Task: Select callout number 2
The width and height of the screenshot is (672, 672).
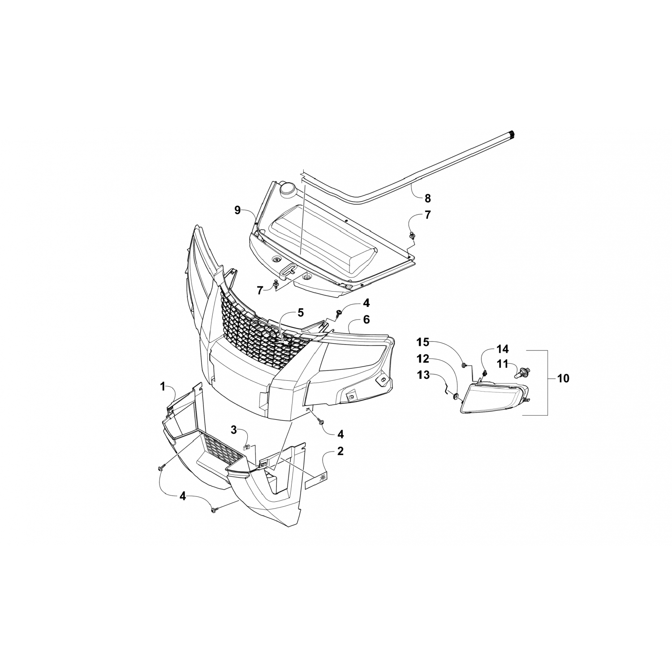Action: (340, 451)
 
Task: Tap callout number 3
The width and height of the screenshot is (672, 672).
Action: (233, 430)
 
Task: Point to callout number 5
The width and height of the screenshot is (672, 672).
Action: (300, 312)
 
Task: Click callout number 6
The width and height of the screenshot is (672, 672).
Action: (366, 319)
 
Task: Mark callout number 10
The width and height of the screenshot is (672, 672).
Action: (563, 378)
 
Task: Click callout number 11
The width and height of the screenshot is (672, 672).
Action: (502, 364)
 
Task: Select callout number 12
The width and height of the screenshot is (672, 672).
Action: (423, 359)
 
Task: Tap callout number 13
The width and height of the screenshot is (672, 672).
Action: (423, 375)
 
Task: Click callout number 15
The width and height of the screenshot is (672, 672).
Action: (423, 343)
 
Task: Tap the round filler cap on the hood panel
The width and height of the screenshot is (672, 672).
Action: (287, 190)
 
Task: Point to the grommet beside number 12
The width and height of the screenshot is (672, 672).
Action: (456, 396)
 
